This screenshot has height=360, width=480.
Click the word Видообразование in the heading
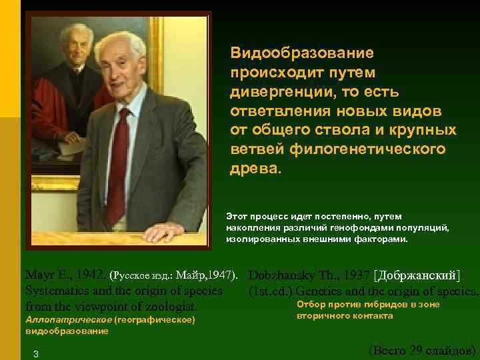[302, 52]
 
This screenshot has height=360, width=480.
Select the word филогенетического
[366, 149]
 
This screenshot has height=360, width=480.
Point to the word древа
[254, 168]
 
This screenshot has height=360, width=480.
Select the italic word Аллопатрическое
[68, 321]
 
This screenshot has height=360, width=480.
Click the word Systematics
[55, 291]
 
